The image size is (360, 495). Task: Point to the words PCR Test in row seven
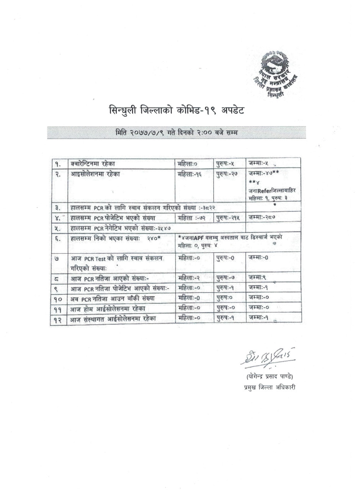95,258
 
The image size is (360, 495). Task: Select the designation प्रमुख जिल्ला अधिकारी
265,387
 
